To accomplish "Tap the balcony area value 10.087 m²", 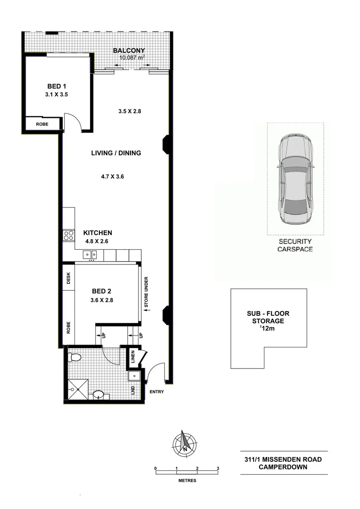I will [131, 58].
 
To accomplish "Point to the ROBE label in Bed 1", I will [42, 124].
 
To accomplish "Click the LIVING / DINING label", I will [116, 153].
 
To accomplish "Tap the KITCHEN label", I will [98, 233].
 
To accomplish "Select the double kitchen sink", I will [90, 255].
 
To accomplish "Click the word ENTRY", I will [157, 392].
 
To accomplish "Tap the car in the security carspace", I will [295, 180].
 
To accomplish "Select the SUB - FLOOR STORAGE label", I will [268, 317].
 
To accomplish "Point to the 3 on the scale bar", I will [218, 468].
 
